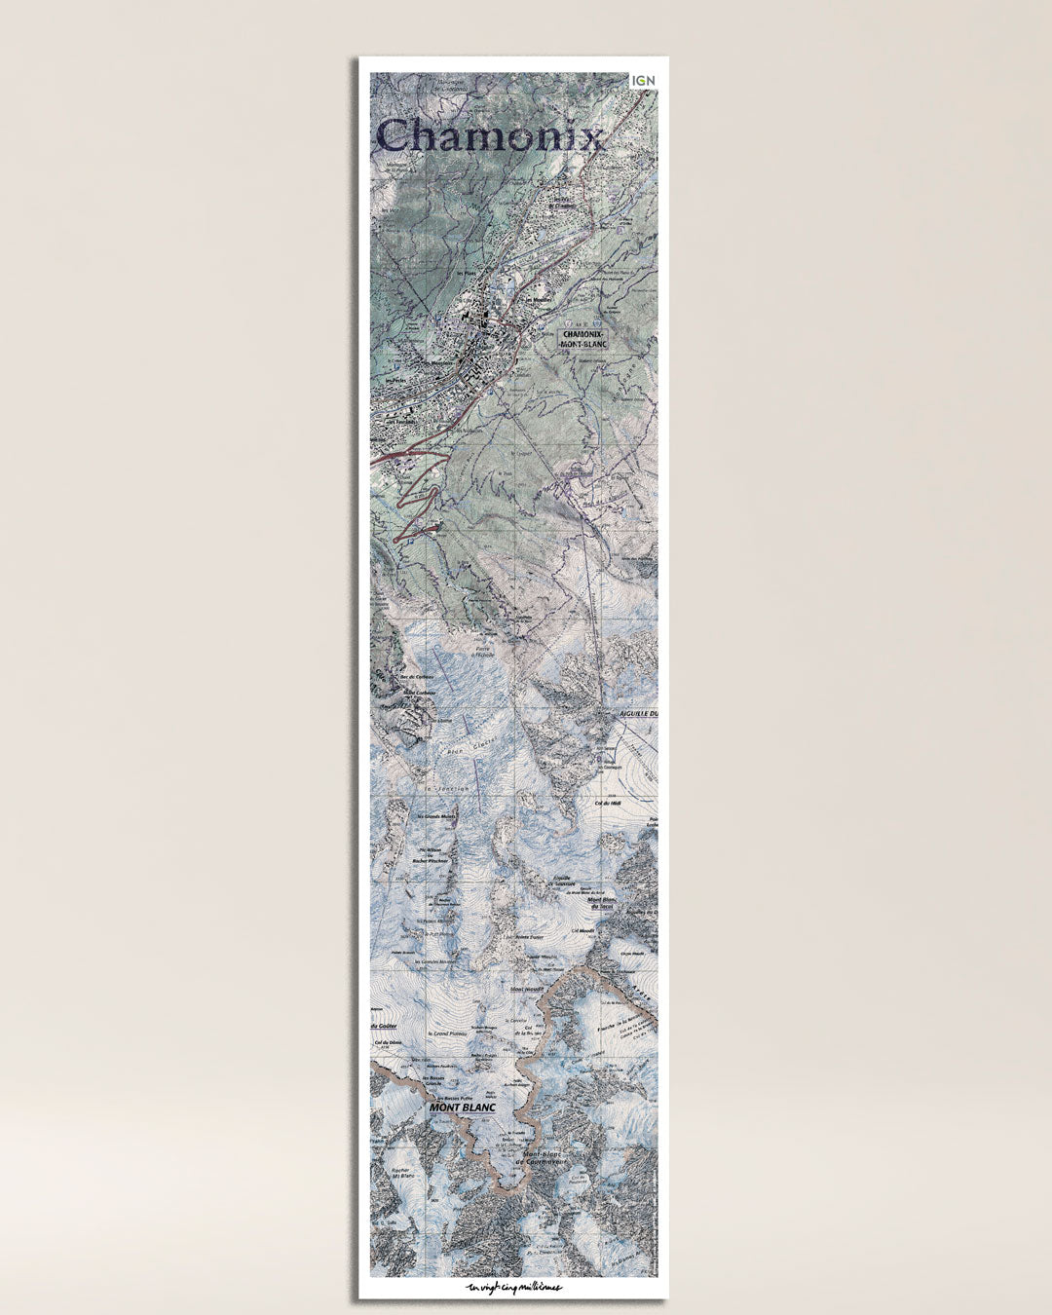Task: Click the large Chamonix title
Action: click(489, 134)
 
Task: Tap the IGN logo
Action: click(643, 80)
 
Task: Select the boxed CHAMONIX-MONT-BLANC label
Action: click(584, 338)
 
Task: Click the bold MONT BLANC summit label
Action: click(463, 1108)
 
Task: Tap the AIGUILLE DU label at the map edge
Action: click(638, 714)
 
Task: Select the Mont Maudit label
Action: click(528, 989)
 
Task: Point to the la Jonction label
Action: click(447, 787)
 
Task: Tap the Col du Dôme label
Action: click(387, 1042)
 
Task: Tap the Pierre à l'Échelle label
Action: click(484, 651)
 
